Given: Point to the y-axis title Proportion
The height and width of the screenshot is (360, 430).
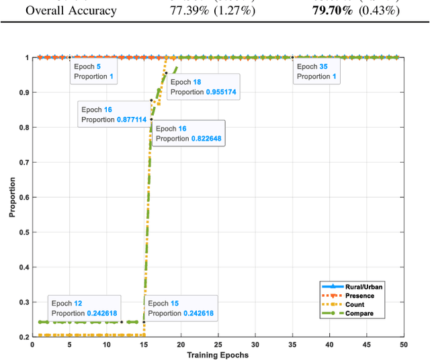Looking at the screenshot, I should click(12, 197).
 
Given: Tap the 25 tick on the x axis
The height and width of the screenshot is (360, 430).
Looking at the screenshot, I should click(218, 345).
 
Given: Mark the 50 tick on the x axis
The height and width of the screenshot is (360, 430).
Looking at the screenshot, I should click(402, 345).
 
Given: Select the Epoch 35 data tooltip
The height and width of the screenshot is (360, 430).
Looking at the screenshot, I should click(317, 71).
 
